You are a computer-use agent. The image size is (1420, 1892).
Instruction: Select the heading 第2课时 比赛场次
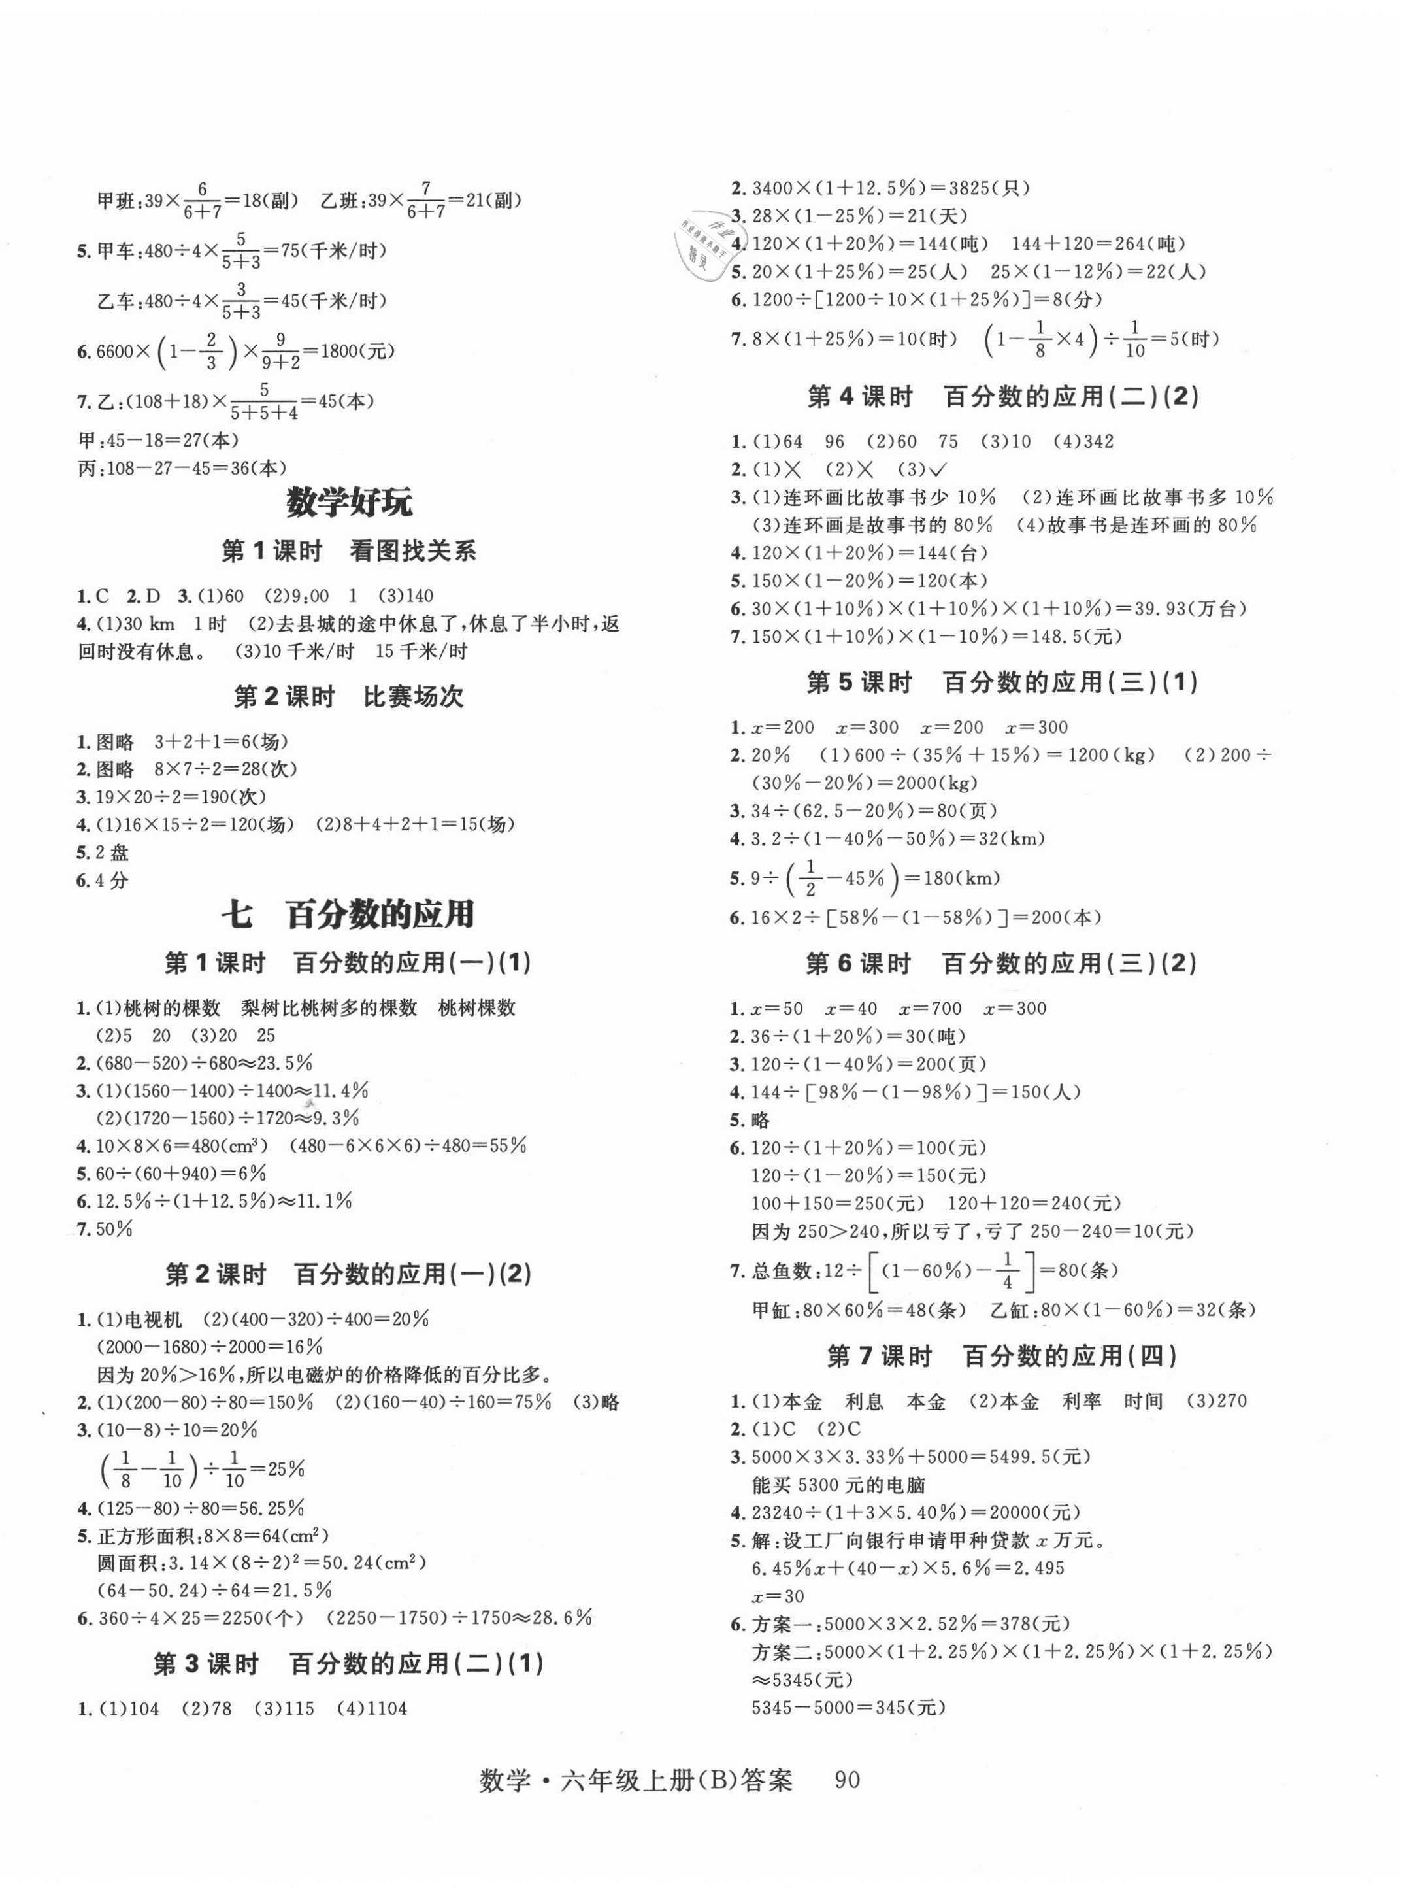click(x=349, y=697)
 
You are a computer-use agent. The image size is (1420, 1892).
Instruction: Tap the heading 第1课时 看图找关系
click(x=349, y=552)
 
